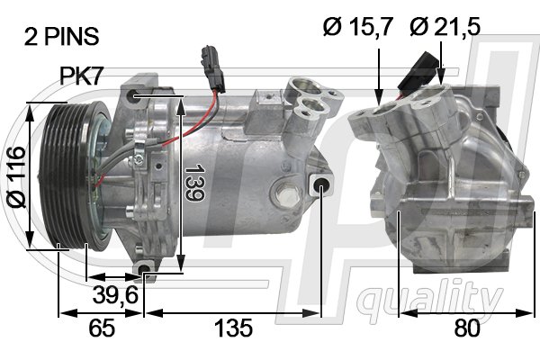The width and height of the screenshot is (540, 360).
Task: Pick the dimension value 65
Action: pos(101,328)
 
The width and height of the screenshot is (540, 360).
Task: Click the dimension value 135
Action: pos(232,328)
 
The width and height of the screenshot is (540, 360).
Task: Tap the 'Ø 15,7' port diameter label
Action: pos(357,28)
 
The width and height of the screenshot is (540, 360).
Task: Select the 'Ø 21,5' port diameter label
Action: pos(445,28)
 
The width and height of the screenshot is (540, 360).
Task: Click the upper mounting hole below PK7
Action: pos(135,94)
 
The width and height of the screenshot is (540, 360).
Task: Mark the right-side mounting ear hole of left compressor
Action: pos(321,185)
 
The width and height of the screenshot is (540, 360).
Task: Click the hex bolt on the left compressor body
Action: pos(287,193)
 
